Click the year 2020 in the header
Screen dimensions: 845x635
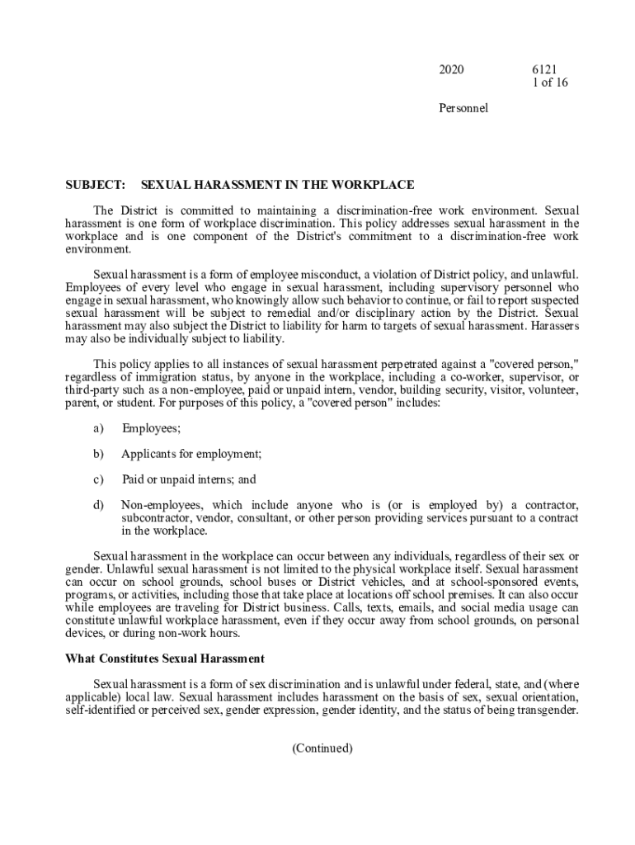tap(451, 70)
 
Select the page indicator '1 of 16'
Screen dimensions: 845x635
tap(551, 83)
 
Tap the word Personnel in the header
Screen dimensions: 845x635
tap(463, 108)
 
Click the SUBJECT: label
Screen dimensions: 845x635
tap(95, 185)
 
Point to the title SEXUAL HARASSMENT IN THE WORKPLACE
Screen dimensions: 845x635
tap(278, 185)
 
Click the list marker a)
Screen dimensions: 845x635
tap(98, 427)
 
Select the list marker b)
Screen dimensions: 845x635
tap(98, 453)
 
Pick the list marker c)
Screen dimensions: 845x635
tap(98, 479)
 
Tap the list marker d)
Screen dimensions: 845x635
tap(98, 504)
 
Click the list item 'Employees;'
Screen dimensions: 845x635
tap(151, 427)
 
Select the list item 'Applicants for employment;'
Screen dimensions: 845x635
tap(191, 453)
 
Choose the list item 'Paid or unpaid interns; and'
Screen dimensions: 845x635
tap(189, 479)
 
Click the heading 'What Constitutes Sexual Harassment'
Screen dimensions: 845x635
tap(165, 659)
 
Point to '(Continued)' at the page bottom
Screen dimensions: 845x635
tap(322, 748)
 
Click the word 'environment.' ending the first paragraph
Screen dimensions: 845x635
tap(98, 248)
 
